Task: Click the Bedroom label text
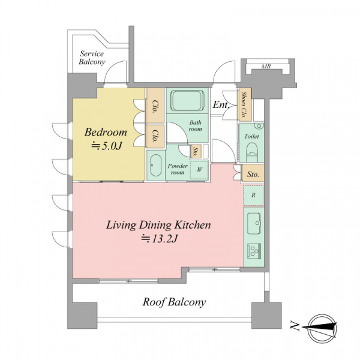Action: (x=106, y=133)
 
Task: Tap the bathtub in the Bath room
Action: (x=188, y=101)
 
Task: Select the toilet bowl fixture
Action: (x=252, y=152)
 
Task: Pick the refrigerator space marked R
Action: (x=253, y=196)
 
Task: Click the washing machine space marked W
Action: (x=199, y=170)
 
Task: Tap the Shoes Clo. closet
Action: (x=245, y=104)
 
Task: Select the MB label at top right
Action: (x=266, y=67)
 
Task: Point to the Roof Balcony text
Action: (x=174, y=302)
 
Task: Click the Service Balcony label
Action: (x=92, y=58)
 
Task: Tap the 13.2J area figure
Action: (x=160, y=239)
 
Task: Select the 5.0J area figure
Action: (x=107, y=146)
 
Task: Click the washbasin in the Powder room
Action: (x=156, y=166)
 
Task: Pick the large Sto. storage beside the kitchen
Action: (x=253, y=173)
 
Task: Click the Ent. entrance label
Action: (x=221, y=105)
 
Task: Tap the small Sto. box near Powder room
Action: (x=196, y=151)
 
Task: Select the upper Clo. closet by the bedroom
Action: (x=155, y=106)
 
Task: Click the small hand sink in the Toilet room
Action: (x=259, y=126)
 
